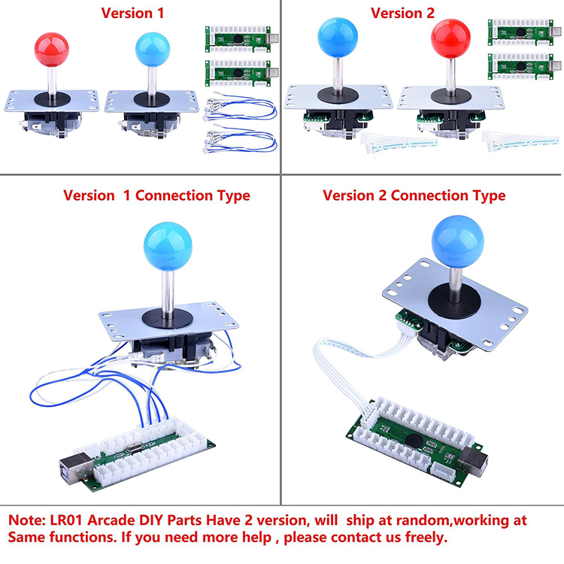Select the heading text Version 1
pos(132,13)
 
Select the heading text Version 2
pos(402,13)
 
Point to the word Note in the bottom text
pos(28,520)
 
